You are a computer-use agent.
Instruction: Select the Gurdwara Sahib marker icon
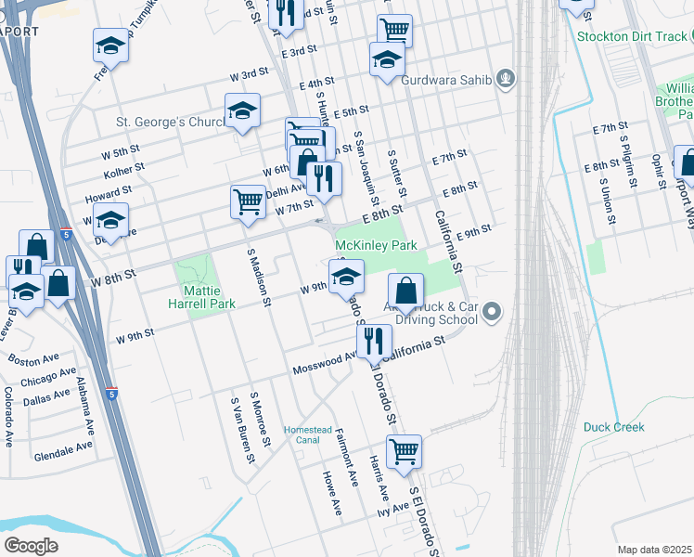pyautogui.click(x=505, y=79)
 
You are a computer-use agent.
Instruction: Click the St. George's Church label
pyautogui.click(x=171, y=121)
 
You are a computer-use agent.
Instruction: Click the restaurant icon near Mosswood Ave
pyautogui.click(x=374, y=340)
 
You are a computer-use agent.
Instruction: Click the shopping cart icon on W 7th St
pyautogui.click(x=248, y=201)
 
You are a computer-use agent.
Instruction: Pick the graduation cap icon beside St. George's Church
pyautogui.click(x=242, y=110)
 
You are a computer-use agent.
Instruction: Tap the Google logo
pyautogui.click(x=31, y=546)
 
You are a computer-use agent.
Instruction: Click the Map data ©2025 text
pyautogui.click(x=655, y=550)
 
